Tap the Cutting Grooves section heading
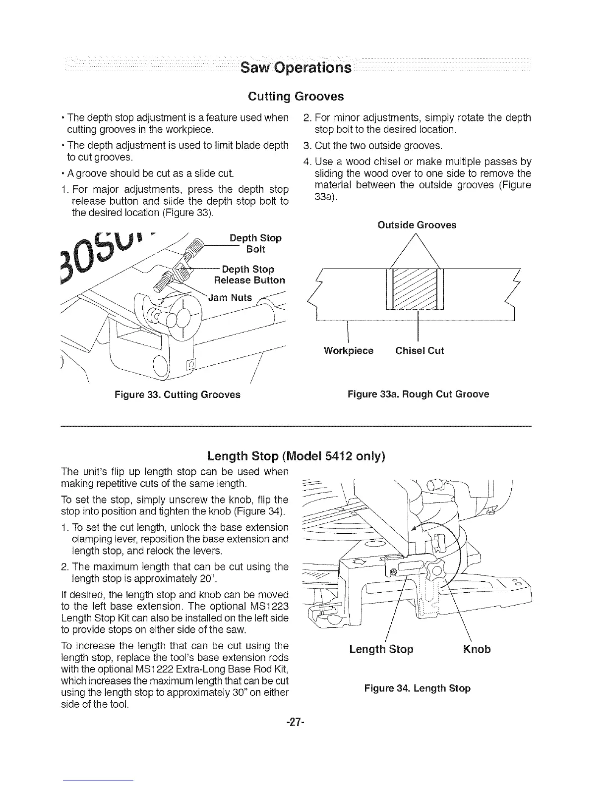296,96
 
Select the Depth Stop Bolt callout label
255,243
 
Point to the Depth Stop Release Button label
249,275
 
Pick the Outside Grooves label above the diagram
417,225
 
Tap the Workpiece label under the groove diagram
348,351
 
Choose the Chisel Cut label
420,351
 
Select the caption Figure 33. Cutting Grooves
177,394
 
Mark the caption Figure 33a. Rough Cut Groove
418,394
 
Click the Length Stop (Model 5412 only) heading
296,455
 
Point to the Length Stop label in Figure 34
381,649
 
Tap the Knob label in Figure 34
477,649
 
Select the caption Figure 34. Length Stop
417,688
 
